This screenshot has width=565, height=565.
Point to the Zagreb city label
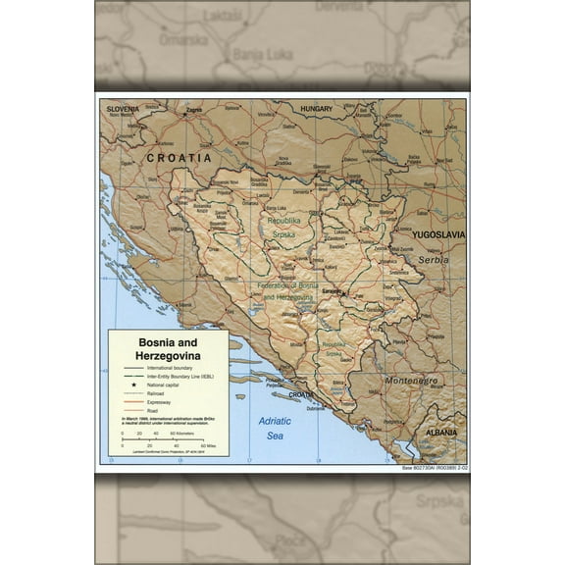click(193, 110)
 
